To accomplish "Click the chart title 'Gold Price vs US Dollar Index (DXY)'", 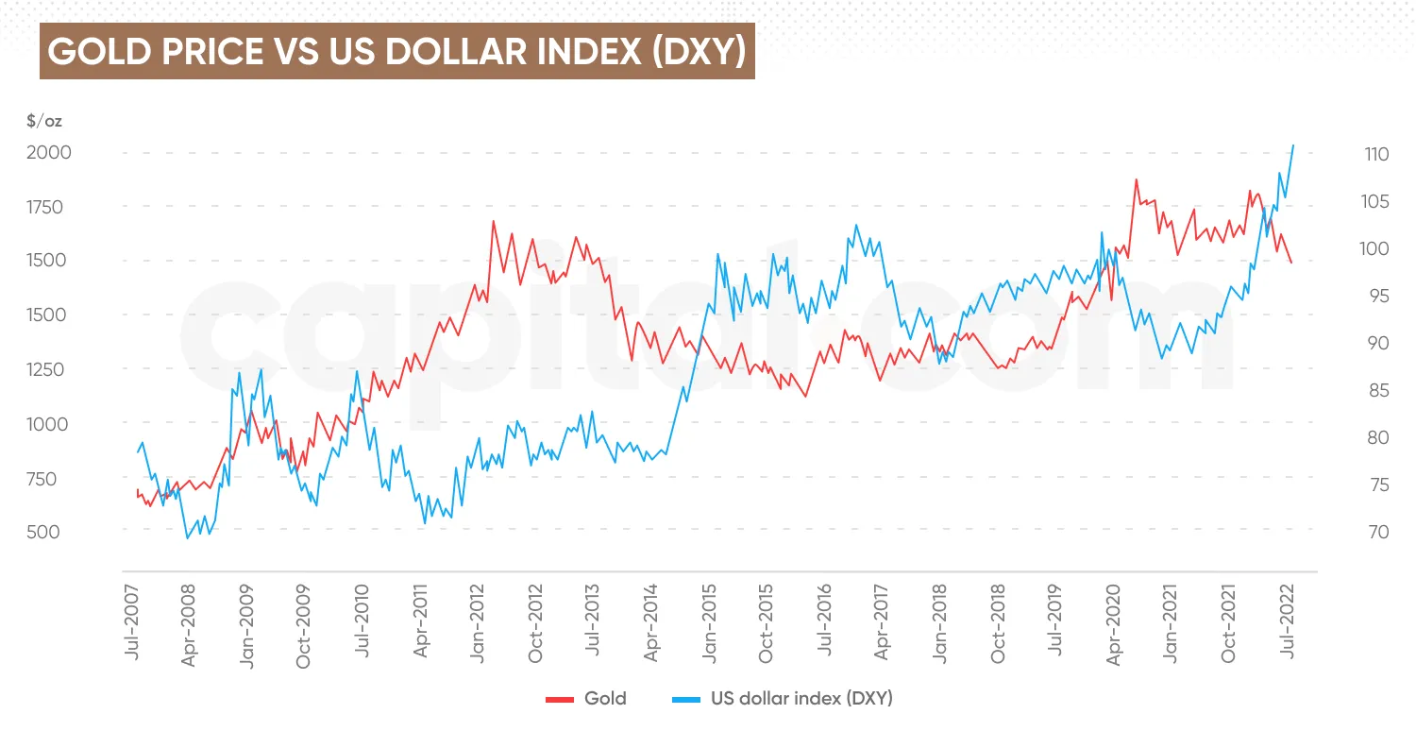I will pos(396,52).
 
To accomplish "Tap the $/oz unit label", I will pos(44,121).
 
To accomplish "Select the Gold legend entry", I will pos(586,699).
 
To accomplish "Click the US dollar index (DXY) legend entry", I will pos(782,699).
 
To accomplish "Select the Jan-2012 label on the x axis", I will pos(478,626).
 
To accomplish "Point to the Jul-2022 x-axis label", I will pos(1287,626).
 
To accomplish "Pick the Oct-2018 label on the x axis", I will pos(998,626).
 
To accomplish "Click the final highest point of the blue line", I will pos(1293,145).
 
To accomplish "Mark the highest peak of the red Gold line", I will pos(1136,179).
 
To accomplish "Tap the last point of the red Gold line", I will pos(1290,262).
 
